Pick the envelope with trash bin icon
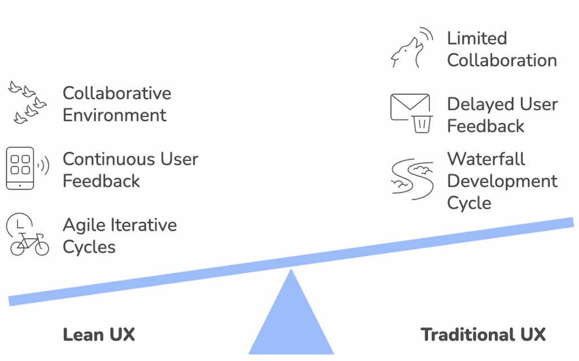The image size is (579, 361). (x=412, y=114)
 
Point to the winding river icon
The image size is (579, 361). (x=412, y=178)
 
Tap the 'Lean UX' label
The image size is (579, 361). (x=99, y=334)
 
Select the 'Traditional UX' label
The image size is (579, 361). (x=483, y=334)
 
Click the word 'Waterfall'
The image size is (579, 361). (x=486, y=159)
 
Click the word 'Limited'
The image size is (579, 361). (x=477, y=38)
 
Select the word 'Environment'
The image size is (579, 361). (x=114, y=115)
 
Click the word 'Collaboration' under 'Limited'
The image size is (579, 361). (x=502, y=60)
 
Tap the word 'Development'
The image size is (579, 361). (x=502, y=181)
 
